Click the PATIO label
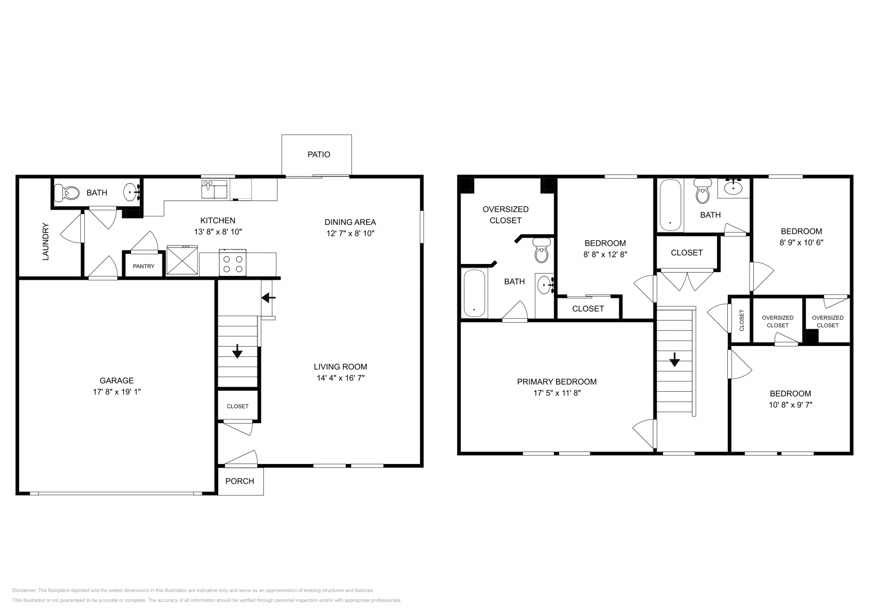point(319,154)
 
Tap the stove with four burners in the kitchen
point(232,263)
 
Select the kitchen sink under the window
point(215,190)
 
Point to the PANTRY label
point(143,266)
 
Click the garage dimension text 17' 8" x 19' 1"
point(116,392)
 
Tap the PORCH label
point(240,481)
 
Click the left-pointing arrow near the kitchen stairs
point(268,298)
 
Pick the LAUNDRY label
point(46,241)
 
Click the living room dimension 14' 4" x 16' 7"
point(341,378)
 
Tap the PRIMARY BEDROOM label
point(557,382)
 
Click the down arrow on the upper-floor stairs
point(675,359)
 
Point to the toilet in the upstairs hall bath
point(703,192)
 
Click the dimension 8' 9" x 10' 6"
point(801,242)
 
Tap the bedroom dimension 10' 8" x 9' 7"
point(790,405)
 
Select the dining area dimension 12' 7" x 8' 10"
point(350,233)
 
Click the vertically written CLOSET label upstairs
point(742,321)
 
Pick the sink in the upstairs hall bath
point(734,187)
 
